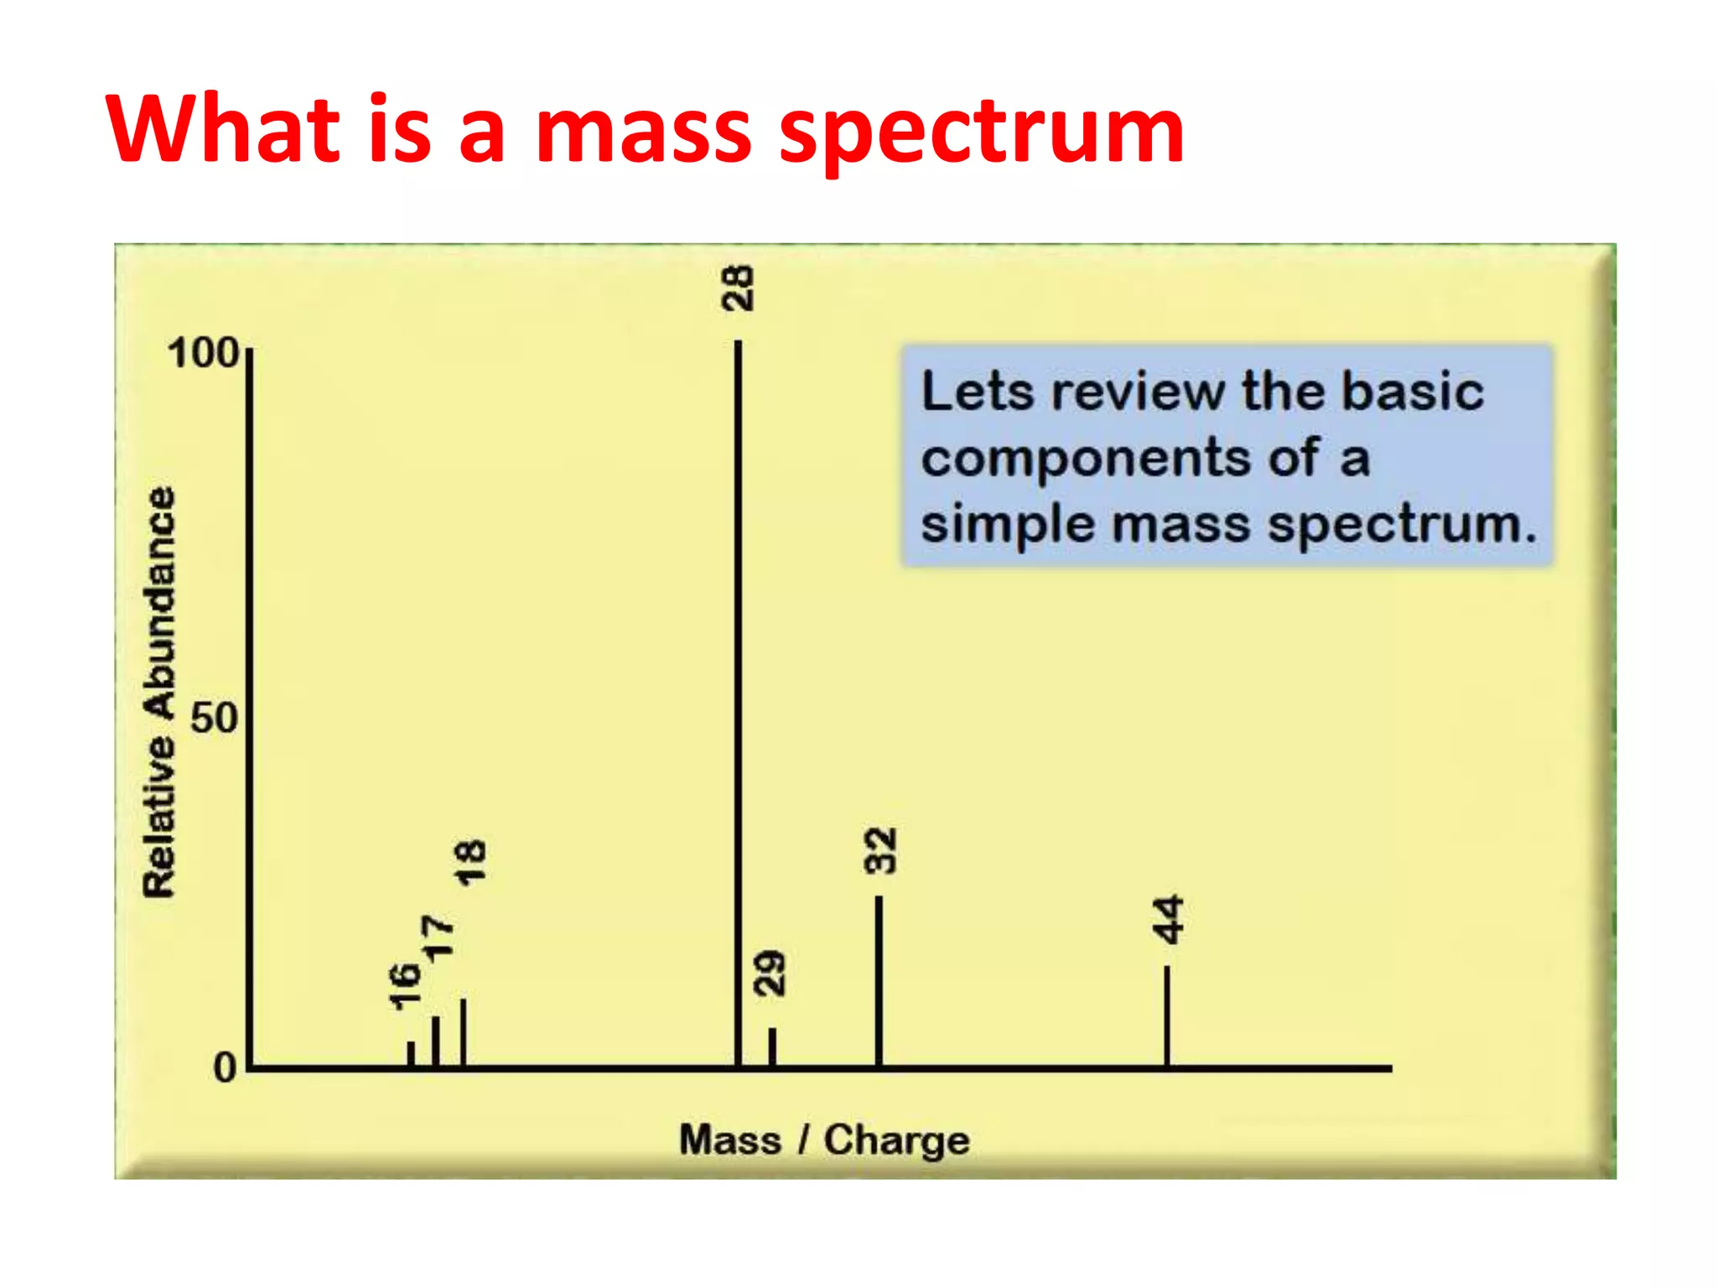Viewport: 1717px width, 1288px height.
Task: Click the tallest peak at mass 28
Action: click(738, 704)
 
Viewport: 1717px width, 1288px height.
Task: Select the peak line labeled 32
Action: click(879, 981)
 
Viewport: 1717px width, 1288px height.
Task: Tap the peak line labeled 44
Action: click(1167, 1016)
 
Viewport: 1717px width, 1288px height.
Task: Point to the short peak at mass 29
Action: click(772, 1047)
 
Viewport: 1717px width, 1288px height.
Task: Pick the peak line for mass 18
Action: click(463, 1032)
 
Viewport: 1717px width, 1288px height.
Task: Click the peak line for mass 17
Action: click(435, 1041)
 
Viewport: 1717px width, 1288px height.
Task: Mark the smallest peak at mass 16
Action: click(411, 1054)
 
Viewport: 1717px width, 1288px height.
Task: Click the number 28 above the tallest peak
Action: click(738, 288)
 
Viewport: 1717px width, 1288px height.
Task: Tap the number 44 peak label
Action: click(1168, 919)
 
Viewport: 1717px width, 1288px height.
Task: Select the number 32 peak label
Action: click(880, 851)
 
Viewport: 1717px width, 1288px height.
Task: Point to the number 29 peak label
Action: click(770, 973)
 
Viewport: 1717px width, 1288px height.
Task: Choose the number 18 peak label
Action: click(469, 862)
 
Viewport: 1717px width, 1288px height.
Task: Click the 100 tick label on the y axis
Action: click(204, 353)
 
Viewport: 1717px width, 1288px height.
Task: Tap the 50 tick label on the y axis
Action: click(215, 719)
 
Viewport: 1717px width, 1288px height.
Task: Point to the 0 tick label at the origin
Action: click(225, 1068)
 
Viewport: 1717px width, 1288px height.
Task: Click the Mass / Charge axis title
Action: click(824, 1140)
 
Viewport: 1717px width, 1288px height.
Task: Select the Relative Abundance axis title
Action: click(159, 693)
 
